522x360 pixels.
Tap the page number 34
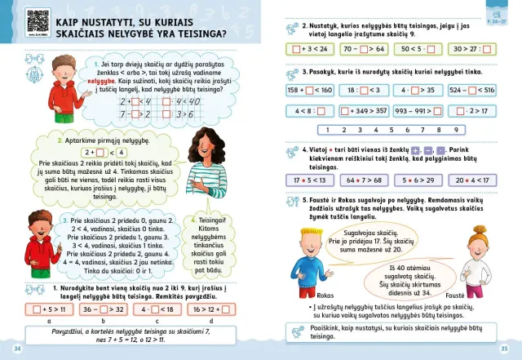pyautogui.click(x=17, y=349)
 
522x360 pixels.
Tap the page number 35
pyautogui.click(x=503, y=349)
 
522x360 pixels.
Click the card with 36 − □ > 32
pyautogui.click(x=104, y=309)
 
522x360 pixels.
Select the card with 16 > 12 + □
pyautogui.click(x=211, y=309)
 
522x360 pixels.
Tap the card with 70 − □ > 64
pyautogui.click(x=365, y=49)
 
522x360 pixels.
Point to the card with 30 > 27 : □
pyautogui.click(x=468, y=49)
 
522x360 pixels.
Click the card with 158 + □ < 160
pyautogui.click(x=311, y=91)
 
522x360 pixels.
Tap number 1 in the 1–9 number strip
pyautogui.click(x=327, y=130)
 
